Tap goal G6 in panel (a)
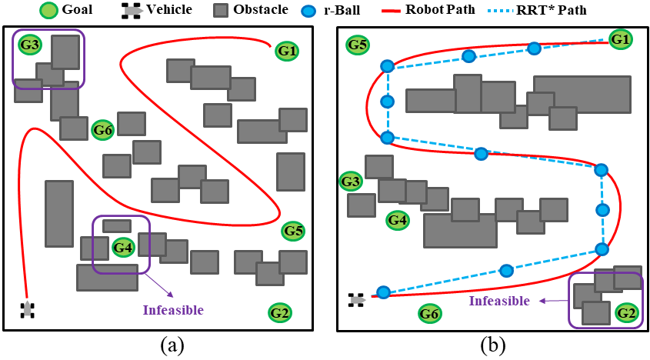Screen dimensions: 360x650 click(103, 130)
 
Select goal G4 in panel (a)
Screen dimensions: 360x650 click(123, 248)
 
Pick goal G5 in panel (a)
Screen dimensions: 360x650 click(293, 230)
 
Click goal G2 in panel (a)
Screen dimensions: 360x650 click(280, 313)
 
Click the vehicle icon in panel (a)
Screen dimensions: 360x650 click(28, 309)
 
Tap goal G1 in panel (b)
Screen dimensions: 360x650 click(620, 38)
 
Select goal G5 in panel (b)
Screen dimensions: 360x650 click(357, 45)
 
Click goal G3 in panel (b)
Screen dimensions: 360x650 click(350, 182)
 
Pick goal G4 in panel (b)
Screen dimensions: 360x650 click(397, 221)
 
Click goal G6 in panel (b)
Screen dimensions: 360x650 click(429, 313)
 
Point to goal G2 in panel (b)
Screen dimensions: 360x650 click(627, 312)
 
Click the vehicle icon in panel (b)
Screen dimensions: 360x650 click(356, 299)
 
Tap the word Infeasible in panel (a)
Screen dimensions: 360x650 click(173, 310)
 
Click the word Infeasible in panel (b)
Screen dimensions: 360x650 click(500, 301)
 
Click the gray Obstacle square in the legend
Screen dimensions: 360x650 click(222, 11)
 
